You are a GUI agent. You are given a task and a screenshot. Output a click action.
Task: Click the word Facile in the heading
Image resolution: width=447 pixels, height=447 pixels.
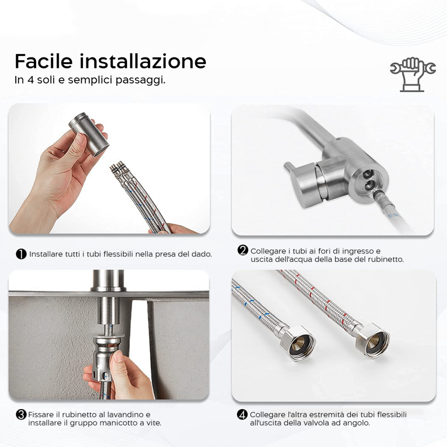click(x=43, y=61)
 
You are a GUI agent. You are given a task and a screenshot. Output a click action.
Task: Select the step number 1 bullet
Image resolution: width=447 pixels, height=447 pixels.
click(x=21, y=254)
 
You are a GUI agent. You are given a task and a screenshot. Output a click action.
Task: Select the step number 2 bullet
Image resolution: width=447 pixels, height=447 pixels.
click(x=243, y=251)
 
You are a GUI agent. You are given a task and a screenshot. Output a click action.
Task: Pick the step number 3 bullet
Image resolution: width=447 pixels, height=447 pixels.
click(x=21, y=414)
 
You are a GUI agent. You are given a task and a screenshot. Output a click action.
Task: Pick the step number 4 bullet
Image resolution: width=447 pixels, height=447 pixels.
click(x=242, y=414)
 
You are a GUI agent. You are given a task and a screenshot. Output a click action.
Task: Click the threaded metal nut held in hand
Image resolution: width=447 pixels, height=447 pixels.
click(x=88, y=135)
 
